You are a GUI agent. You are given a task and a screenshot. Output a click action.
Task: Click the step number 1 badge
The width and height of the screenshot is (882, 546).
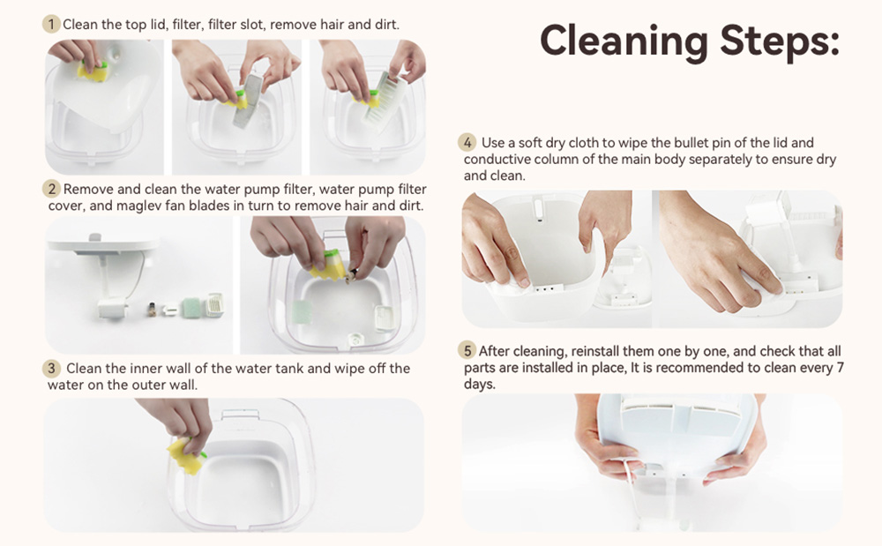pos(51,24)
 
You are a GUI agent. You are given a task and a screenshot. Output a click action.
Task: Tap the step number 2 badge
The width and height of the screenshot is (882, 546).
pos(52,189)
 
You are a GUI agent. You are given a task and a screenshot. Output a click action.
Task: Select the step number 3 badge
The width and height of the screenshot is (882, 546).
pos(51,369)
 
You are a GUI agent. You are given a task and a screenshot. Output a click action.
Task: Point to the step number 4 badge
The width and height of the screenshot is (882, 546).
pos(467,142)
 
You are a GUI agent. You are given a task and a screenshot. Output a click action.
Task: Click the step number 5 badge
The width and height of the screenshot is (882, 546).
pos(467,351)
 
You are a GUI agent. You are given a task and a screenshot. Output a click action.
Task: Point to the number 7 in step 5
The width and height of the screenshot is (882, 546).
pos(840,368)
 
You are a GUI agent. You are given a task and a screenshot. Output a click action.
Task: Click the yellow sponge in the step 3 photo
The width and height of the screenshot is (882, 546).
pos(186,455)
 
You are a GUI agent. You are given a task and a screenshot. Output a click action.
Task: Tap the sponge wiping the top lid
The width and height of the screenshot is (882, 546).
pos(93,71)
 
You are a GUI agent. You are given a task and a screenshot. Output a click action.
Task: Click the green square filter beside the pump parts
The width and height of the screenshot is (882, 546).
pos(191,307)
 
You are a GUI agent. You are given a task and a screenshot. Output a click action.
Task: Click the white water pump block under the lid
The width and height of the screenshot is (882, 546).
pos(113,308)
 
